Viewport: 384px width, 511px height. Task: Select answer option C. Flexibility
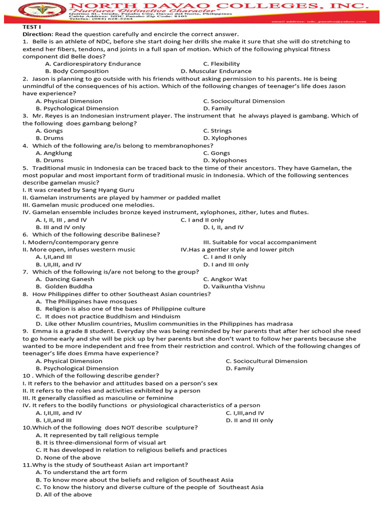pos(221,64)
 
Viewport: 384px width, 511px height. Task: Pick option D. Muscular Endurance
pos(216,71)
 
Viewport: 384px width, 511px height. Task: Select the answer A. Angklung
pos(54,153)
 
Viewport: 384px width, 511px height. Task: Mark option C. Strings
pos(217,131)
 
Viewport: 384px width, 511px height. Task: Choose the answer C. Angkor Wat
pos(225,279)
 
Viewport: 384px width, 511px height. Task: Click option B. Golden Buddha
pos(64,287)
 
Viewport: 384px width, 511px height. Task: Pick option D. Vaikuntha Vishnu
pos(234,287)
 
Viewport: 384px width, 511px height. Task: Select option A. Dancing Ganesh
pos(65,279)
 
